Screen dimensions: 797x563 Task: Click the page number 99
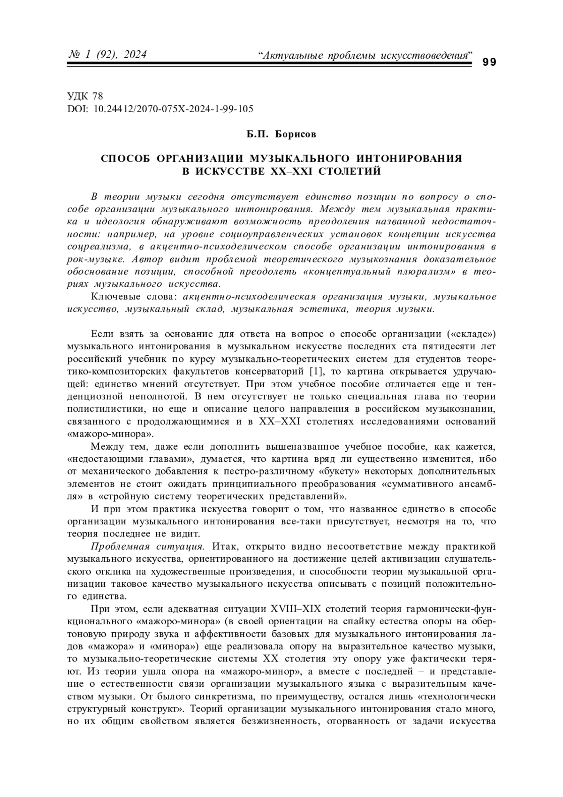489,62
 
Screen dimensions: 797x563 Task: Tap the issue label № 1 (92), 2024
107,55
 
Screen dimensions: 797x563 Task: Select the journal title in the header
365,56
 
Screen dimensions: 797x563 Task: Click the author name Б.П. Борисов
281,135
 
